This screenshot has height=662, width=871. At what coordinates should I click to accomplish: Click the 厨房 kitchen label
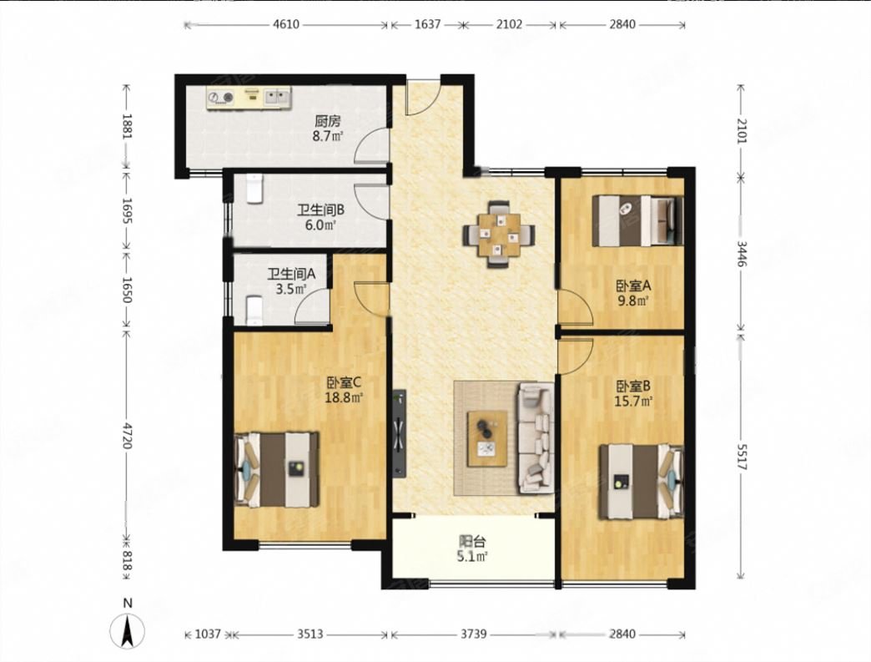click(327, 120)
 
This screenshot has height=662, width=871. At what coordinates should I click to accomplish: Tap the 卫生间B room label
click(320, 210)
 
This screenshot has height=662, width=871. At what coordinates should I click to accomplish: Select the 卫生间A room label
click(292, 274)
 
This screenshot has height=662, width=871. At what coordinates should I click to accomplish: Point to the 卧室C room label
click(344, 383)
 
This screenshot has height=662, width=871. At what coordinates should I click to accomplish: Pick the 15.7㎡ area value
click(633, 400)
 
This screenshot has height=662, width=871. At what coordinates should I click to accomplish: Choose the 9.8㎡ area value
click(634, 301)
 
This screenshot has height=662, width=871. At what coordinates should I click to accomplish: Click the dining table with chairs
click(499, 234)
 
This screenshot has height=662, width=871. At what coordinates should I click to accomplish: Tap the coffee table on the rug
click(488, 438)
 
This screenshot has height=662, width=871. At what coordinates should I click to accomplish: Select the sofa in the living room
click(536, 438)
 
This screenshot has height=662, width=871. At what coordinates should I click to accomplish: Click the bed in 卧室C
click(277, 470)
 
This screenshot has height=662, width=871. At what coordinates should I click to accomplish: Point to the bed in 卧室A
click(637, 220)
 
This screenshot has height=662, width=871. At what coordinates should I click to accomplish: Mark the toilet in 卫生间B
click(254, 189)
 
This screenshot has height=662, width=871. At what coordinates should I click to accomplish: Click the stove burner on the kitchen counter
click(220, 98)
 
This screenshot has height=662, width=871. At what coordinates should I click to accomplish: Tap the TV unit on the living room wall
click(399, 433)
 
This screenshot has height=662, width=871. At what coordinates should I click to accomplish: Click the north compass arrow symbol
click(128, 632)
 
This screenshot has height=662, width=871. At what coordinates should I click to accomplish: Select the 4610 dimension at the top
click(286, 24)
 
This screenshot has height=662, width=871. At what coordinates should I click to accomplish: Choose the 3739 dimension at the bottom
click(473, 634)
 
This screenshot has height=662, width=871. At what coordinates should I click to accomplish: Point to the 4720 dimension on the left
click(127, 435)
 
